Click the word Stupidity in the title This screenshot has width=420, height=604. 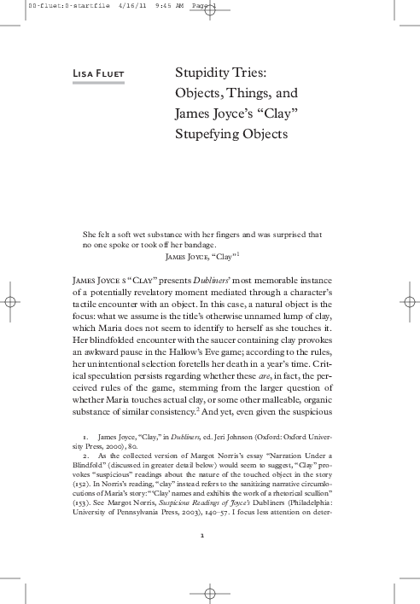(199, 74)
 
